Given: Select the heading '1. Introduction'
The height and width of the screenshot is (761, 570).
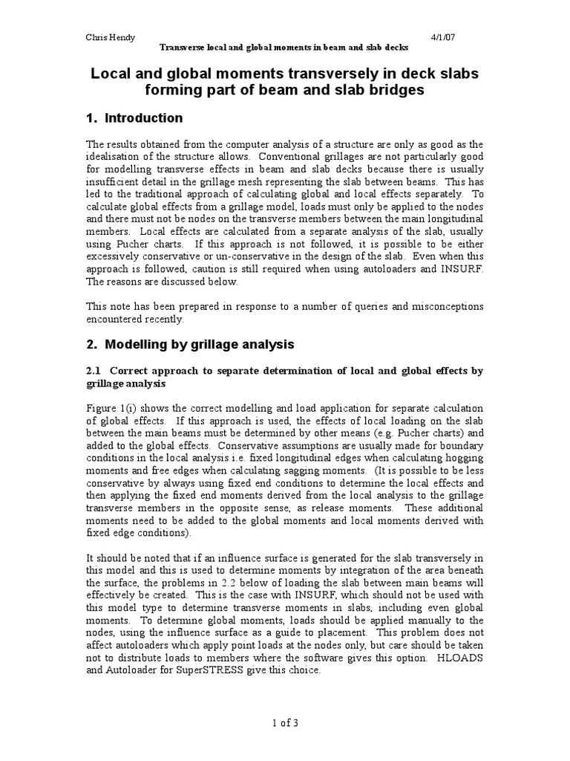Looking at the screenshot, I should coord(135,118).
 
